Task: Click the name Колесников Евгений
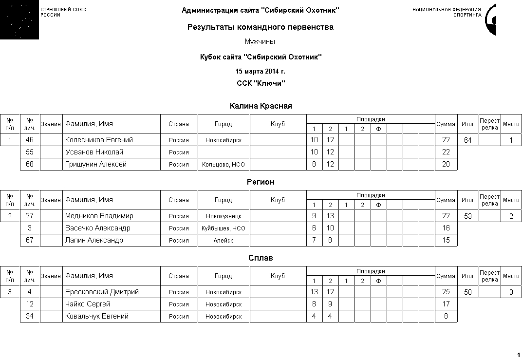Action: click(99, 140)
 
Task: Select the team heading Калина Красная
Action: click(261, 106)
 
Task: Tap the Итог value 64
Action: click(467, 140)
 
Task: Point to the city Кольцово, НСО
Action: click(223, 165)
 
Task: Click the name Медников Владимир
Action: click(99, 216)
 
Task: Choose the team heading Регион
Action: click(261, 182)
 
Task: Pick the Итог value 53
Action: click(467, 216)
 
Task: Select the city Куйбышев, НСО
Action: click(223, 228)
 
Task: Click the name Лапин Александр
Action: click(94, 240)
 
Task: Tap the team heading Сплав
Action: click(261, 258)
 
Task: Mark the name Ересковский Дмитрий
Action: click(102, 292)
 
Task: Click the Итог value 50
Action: click(467, 292)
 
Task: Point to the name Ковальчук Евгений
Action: click(97, 316)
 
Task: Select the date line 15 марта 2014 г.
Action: click(261, 72)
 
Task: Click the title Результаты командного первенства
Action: click(261, 27)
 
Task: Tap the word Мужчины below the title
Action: click(260, 42)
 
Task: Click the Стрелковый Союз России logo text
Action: click(63, 12)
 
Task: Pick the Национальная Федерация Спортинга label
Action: click(447, 12)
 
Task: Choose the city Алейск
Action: click(223, 241)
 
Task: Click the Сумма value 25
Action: click(446, 292)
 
